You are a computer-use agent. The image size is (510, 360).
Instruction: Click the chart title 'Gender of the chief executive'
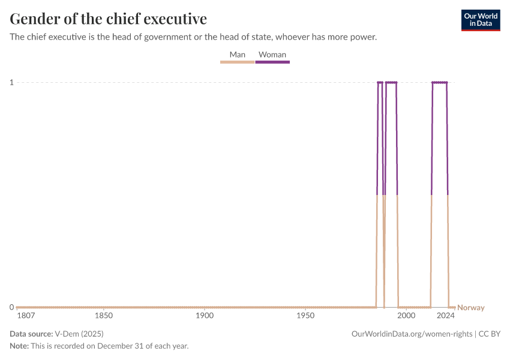coord(109,19)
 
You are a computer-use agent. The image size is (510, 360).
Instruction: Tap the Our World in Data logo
coord(481,20)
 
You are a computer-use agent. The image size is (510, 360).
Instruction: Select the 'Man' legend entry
coord(238,55)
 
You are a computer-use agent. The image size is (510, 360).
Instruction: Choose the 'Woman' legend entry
coord(272,55)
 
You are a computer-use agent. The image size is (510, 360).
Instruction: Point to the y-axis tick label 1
coord(11,82)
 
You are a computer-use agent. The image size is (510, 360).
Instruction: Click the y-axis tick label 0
coord(11,307)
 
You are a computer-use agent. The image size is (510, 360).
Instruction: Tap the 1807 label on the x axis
coord(26,316)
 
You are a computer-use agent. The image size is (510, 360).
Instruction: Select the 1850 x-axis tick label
coord(104,316)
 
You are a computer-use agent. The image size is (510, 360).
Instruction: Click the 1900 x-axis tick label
coord(205,316)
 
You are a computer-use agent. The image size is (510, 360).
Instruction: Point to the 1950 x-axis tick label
coord(305,316)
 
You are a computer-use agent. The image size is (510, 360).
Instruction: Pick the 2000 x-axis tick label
coord(406,316)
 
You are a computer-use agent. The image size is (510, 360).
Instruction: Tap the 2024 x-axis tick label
coord(446,316)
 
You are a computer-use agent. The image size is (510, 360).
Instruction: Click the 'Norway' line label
coord(471,308)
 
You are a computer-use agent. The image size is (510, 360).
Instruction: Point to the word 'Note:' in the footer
coord(19,346)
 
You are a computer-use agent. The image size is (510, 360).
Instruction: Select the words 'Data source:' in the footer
coord(31,334)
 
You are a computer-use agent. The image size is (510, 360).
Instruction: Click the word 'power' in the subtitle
coord(362,37)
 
